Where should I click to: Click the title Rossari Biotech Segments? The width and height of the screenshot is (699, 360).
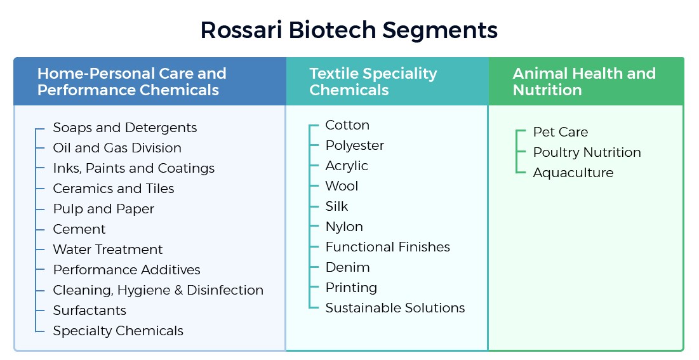(349, 30)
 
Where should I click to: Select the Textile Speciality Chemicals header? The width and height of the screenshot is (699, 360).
(373, 81)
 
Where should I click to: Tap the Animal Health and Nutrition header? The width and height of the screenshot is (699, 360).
(583, 81)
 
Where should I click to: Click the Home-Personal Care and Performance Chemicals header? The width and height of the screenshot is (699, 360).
(131, 81)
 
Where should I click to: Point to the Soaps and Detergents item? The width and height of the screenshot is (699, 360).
(124, 128)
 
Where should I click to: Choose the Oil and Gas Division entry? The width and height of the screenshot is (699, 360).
(117, 148)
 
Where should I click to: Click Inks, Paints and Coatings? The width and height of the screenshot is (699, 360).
(133, 168)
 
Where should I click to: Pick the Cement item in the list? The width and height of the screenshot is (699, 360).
(79, 229)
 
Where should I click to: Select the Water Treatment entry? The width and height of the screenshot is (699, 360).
(107, 250)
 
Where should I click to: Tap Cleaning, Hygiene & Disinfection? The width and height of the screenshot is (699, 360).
(158, 290)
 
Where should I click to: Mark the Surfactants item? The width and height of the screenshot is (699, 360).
(90, 310)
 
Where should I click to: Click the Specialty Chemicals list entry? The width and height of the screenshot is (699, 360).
(118, 331)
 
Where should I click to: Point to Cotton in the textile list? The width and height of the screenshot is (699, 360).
(347, 125)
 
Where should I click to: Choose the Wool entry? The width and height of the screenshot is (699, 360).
(342, 186)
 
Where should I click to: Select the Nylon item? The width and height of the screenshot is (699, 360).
(344, 227)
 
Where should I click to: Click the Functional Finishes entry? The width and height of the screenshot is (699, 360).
(387, 247)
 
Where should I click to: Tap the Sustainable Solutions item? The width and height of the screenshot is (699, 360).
(395, 308)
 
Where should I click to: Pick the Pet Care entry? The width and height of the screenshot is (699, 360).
(560, 132)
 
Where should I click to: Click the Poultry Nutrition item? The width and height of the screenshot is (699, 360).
(587, 152)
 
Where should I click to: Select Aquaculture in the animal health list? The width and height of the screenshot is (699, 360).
(573, 173)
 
